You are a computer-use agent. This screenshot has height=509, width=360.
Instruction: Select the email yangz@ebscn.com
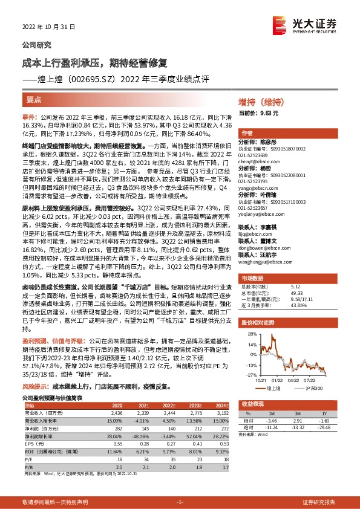point(257,188)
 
